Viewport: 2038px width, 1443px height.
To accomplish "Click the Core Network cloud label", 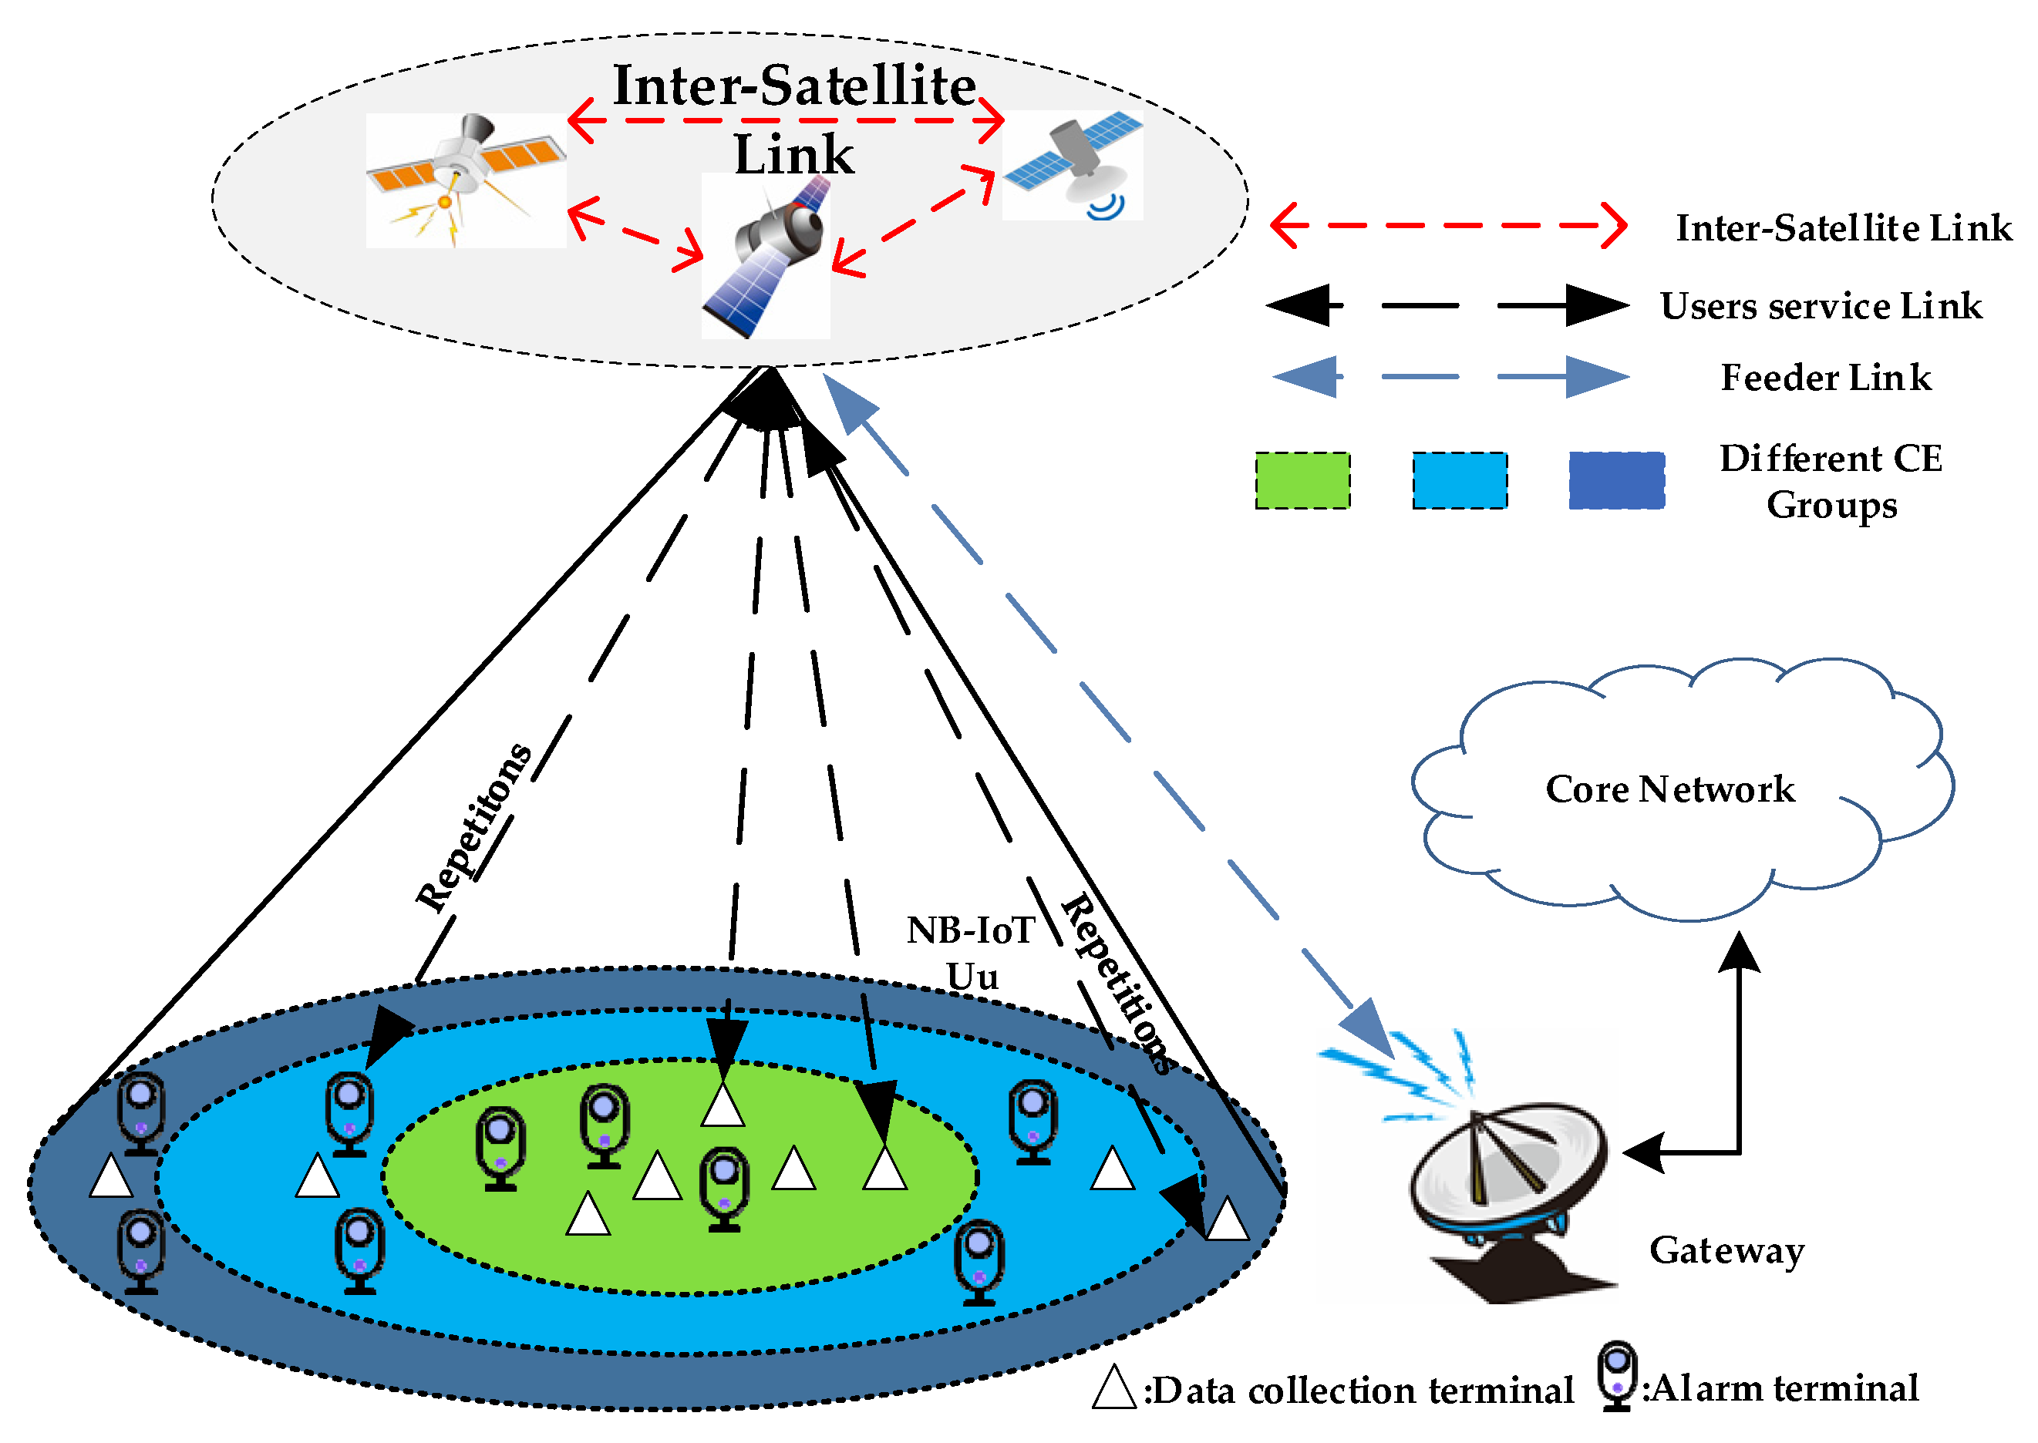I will (x=1669, y=789).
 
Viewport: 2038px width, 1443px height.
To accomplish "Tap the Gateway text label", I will (x=1725, y=1250).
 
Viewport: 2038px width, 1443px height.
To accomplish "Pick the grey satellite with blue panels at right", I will (x=1073, y=164).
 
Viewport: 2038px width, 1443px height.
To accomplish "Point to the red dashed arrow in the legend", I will (x=1448, y=226).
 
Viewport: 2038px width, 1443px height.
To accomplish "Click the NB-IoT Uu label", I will (x=971, y=953).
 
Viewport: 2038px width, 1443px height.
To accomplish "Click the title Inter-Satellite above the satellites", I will (x=793, y=86).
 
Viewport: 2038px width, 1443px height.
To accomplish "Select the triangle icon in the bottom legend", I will (x=1113, y=1388).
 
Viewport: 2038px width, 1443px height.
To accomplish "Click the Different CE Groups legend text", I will (x=1830, y=481).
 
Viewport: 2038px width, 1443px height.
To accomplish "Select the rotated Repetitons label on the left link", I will (x=473, y=828).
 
